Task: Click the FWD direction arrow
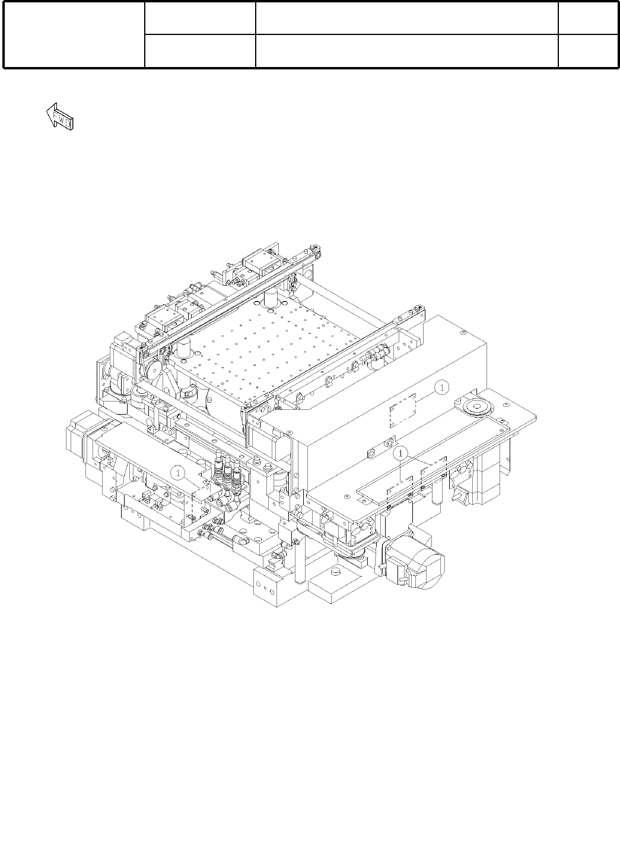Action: click(x=59, y=116)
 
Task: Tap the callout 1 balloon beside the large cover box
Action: click(x=442, y=387)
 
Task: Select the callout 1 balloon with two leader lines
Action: click(x=400, y=454)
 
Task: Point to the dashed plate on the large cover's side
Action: click(x=403, y=411)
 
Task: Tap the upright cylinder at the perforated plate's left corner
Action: click(x=185, y=348)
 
